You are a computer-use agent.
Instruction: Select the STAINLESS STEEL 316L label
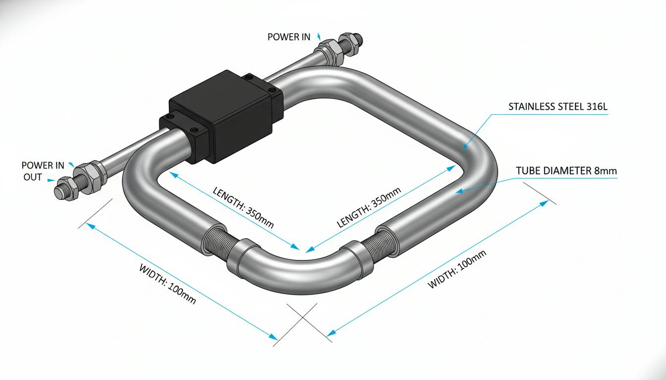pos(558,106)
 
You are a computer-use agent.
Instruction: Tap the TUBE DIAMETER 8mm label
pos(566,171)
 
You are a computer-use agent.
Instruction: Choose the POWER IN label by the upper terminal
pos(289,37)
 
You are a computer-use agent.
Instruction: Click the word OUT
pos(32,177)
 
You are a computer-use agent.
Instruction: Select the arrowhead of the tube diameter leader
pos(460,191)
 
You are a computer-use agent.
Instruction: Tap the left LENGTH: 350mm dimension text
pos(243,208)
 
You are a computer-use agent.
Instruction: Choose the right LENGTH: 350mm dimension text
pos(369,207)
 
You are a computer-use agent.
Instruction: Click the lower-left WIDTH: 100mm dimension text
pos(167,284)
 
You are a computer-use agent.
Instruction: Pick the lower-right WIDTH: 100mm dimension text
pos(457,269)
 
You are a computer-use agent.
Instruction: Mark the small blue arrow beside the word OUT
pos(51,180)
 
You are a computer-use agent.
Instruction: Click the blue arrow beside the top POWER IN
pos(319,36)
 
